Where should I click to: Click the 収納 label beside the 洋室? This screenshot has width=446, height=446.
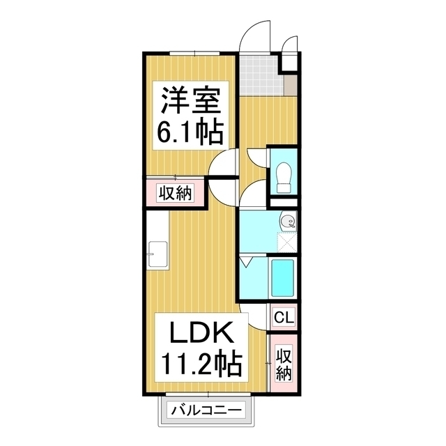point(174,193)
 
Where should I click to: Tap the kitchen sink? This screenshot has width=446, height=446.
point(157,254)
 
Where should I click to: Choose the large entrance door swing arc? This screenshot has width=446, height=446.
point(254,35)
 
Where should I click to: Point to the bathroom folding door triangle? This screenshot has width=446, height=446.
point(246,264)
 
